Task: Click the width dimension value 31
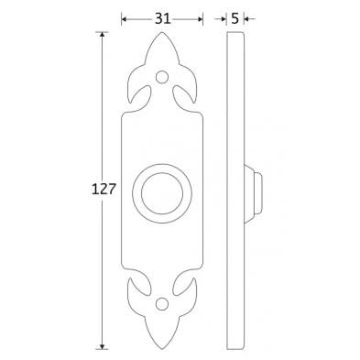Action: pyautogui.click(x=162, y=19)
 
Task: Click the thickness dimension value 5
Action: pyautogui.click(x=235, y=19)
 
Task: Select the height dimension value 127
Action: pyautogui.click(x=104, y=190)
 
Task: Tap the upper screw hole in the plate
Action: pyautogui.click(x=162, y=76)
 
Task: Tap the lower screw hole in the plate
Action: pyautogui.click(x=162, y=303)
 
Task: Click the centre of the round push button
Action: pyautogui.click(x=162, y=193)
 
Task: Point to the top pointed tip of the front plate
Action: pyautogui.click(x=162, y=32)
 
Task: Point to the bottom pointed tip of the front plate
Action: pyautogui.click(x=162, y=349)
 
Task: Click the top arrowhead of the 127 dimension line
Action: pyautogui.click(x=102, y=35)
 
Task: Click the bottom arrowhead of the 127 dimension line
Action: pyautogui.click(x=102, y=345)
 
